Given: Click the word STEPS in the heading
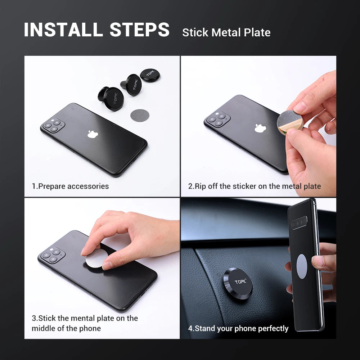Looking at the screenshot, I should (140, 30).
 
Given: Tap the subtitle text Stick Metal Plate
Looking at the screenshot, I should (226, 32).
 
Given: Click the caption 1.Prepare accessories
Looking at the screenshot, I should (70, 186).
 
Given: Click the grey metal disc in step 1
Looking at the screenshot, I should (139, 115).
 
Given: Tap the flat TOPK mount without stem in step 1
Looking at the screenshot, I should (150, 75).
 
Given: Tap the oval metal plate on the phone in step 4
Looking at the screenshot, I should (302, 266).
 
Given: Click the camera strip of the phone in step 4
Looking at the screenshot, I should (300, 223).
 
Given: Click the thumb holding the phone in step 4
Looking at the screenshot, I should (319, 261).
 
